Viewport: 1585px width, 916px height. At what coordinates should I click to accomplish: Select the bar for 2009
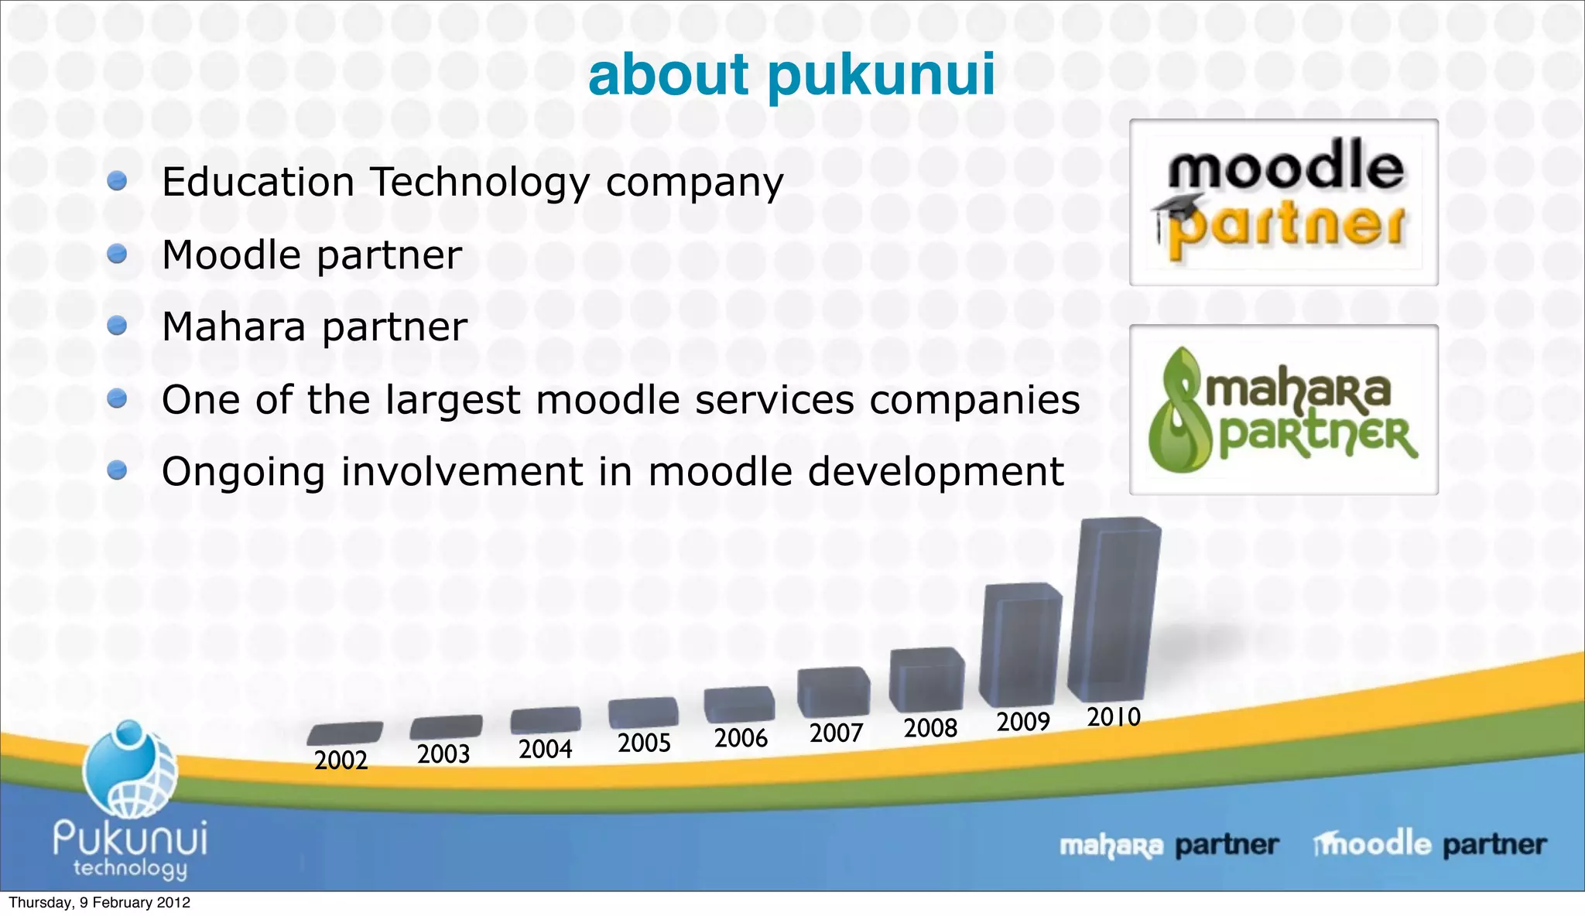click(1020, 646)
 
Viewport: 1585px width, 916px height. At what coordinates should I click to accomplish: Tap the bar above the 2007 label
click(834, 692)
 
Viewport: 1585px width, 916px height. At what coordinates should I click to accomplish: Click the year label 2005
click(644, 743)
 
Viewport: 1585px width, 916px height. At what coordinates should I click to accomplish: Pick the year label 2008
click(930, 728)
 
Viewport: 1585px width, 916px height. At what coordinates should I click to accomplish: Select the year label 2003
click(443, 754)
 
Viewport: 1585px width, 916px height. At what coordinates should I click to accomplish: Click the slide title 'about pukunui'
click(791, 75)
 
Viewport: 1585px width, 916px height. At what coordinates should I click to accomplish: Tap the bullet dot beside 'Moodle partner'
click(117, 254)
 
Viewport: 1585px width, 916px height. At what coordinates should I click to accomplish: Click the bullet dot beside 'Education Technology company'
click(117, 181)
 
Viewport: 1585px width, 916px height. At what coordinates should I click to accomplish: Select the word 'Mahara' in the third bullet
click(234, 326)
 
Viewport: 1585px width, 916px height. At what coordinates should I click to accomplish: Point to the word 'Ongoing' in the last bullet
click(243, 473)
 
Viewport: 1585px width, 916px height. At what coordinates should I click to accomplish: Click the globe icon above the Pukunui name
click(129, 770)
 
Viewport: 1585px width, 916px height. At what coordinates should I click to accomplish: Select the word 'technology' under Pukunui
click(130, 868)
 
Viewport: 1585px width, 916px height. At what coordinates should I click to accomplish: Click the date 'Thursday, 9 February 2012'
click(99, 903)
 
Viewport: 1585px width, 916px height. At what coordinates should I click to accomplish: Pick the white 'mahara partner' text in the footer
click(1169, 846)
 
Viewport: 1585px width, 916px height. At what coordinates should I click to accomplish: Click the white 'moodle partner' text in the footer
click(1430, 844)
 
